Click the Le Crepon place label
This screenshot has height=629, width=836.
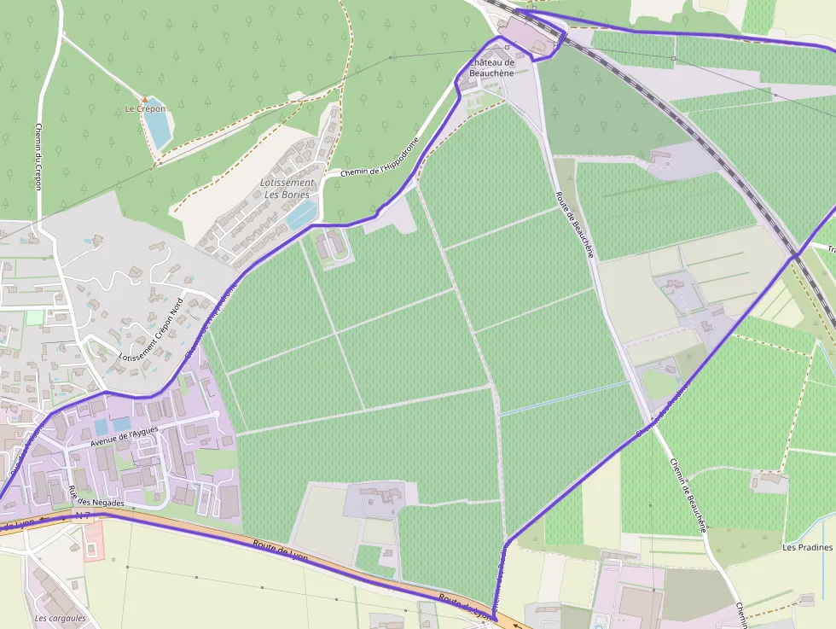[144, 109]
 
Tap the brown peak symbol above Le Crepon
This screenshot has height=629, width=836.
[145, 99]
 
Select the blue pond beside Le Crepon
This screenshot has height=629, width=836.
[157, 126]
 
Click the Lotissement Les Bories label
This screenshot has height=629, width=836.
[287, 189]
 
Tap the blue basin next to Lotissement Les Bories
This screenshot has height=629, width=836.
[300, 215]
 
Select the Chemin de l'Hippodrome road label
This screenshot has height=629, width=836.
[380, 157]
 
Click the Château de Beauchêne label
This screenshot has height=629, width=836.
[492, 68]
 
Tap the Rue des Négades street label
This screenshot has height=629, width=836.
[96, 497]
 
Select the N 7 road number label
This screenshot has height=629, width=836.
[82, 516]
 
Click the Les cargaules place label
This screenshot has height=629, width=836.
[60, 618]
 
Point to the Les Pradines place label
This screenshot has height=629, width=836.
[807, 547]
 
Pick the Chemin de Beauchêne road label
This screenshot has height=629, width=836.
[688, 495]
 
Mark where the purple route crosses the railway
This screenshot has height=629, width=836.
[795, 254]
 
